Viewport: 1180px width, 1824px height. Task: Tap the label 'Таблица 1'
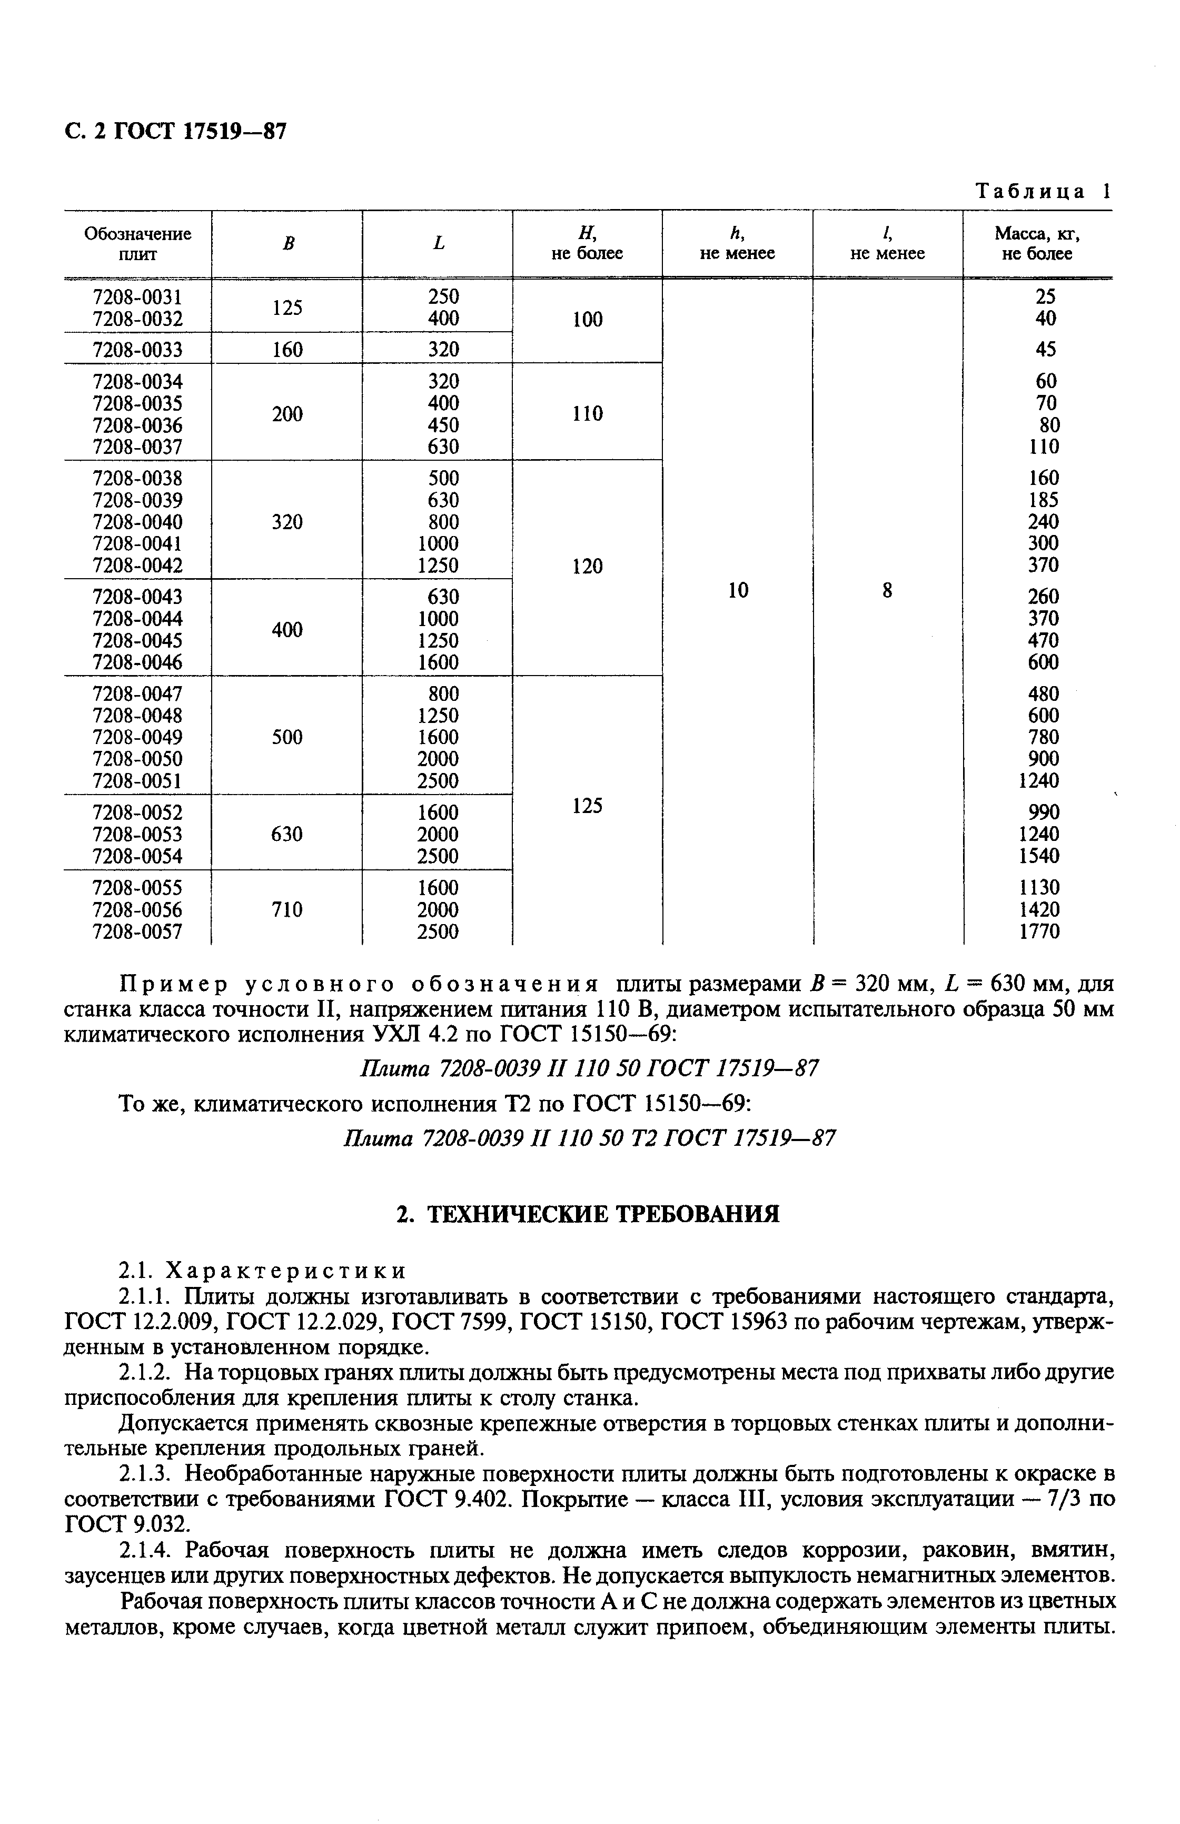point(1043,192)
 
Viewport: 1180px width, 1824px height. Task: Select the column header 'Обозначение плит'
point(138,244)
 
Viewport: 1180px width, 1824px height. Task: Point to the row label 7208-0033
point(138,350)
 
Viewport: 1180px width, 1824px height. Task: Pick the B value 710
point(287,909)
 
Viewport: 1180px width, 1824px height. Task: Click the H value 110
point(588,414)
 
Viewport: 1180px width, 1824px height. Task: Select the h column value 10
point(738,590)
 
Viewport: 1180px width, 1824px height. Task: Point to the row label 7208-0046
point(138,662)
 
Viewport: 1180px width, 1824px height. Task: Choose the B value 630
point(287,834)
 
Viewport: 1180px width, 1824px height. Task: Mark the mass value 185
point(1043,500)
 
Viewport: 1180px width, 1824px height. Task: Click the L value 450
point(443,424)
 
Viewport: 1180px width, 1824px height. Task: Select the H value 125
point(588,806)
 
